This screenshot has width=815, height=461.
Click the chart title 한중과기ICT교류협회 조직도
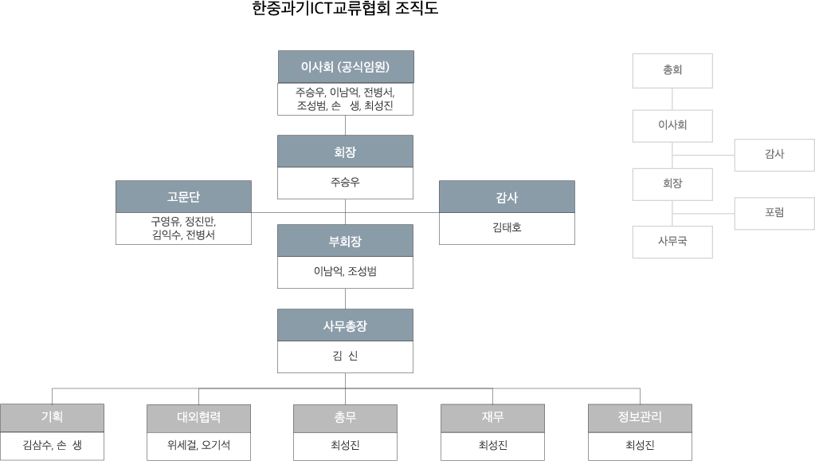[x=345, y=9]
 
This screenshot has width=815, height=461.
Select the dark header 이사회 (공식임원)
[x=345, y=66]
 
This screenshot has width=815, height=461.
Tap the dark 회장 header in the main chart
[x=345, y=152]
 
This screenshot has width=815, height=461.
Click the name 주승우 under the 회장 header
[x=345, y=182]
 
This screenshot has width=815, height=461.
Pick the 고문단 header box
[x=183, y=197]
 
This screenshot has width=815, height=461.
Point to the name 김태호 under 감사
[x=507, y=227]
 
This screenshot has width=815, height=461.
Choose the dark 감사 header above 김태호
[x=507, y=197]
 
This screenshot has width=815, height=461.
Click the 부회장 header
[x=345, y=241]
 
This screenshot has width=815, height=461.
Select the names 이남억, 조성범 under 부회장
[x=345, y=271]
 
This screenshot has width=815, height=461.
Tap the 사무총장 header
[x=345, y=325]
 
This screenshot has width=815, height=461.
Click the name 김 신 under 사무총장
[x=345, y=356]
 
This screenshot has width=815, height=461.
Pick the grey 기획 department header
[x=53, y=417]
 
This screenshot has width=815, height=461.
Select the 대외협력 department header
[x=199, y=417]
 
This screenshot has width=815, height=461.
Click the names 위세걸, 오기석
[x=199, y=445]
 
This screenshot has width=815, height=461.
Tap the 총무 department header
[x=345, y=417]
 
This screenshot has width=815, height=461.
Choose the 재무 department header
[x=492, y=417]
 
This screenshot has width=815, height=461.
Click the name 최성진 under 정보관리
[x=640, y=445]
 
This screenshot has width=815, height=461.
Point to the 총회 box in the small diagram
[x=672, y=70]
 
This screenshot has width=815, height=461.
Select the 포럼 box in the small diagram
[x=774, y=213]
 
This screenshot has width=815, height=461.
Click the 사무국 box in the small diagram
[x=672, y=242]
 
